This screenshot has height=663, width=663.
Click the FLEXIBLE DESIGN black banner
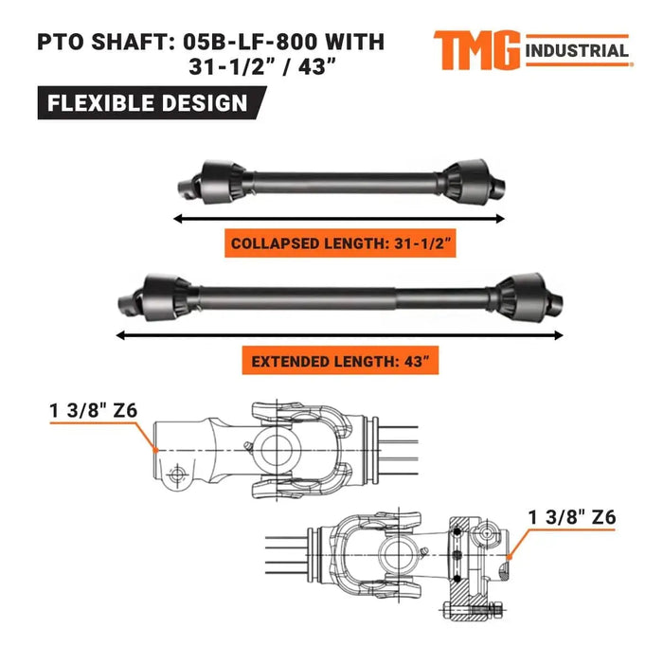coord(146,102)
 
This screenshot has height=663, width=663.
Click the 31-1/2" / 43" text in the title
coord(275,68)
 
